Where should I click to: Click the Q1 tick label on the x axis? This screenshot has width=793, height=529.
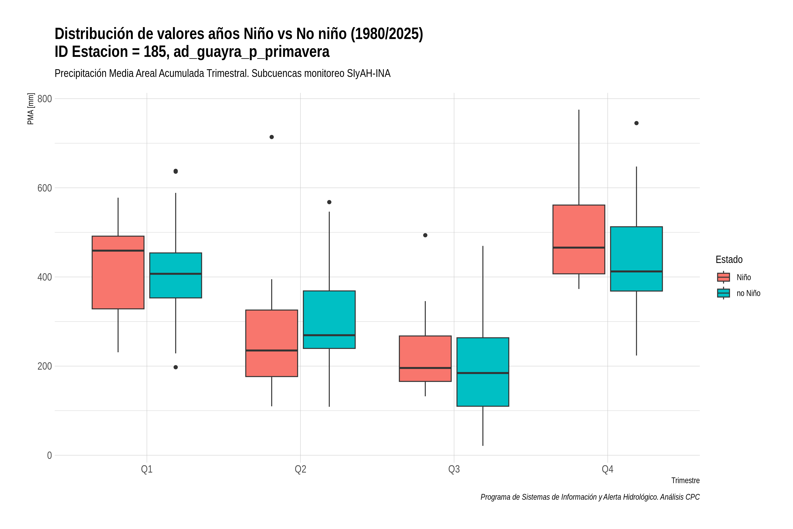click(147, 469)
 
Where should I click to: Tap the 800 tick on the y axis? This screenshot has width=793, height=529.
click(44, 99)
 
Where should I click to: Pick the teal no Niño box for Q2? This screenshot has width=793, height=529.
click(329, 319)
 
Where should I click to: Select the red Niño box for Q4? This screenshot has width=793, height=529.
click(579, 239)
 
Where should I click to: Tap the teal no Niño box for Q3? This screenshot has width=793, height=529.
click(483, 372)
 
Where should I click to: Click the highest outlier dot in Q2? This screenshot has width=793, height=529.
click(272, 137)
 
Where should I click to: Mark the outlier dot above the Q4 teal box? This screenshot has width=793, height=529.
click(637, 123)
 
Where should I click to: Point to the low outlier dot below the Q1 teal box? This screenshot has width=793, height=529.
click(176, 367)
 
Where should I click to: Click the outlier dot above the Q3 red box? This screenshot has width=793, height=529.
click(425, 235)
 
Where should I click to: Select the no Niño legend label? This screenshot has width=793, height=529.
click(749, 293)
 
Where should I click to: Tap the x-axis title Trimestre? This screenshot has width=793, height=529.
click(686, 481)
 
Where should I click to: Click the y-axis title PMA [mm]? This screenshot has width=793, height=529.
click(31, 109)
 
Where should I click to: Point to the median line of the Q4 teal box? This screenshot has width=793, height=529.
click(637, 271)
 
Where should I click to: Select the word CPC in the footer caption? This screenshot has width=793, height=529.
click(693, 497)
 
